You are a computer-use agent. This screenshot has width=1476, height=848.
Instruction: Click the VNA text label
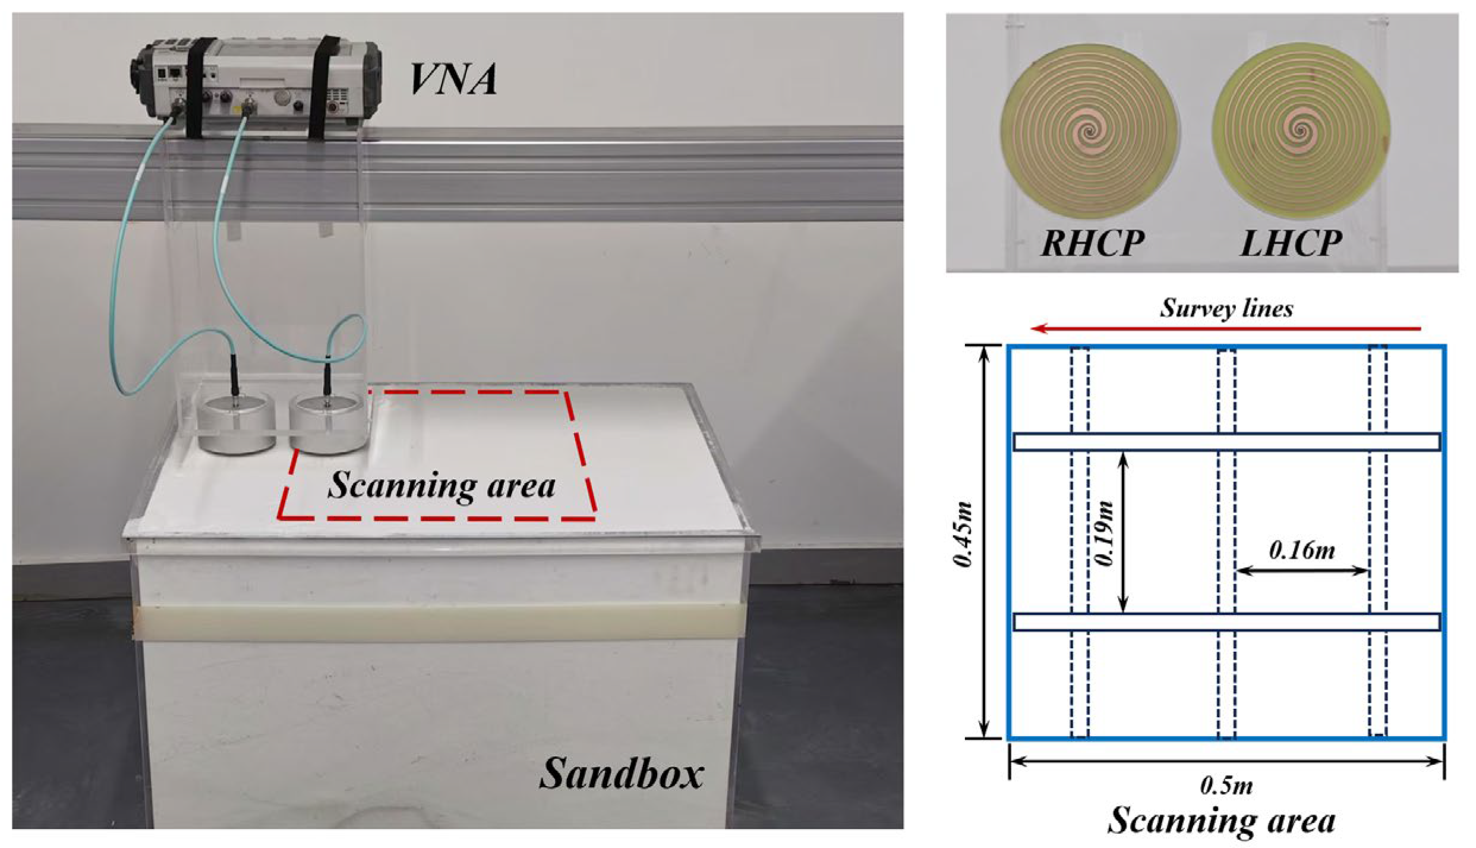point(453,80)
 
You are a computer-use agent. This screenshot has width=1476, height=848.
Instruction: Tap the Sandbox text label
point(621,774)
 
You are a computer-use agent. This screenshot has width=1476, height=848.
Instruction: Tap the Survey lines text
point(1226,308)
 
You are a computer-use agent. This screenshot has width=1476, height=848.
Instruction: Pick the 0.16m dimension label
point(1301,551)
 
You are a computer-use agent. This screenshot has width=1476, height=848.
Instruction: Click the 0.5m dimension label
point(1226,786)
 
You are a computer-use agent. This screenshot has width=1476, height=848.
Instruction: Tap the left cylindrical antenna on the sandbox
point(237,427)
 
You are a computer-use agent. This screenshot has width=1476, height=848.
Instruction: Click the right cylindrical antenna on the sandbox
point(327,426)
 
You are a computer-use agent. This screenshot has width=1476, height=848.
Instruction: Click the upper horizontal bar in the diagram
point(1226,442)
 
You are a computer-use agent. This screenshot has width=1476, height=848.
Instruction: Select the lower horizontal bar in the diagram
point(1226,622)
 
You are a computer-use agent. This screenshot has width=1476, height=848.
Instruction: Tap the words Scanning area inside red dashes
point(441,485)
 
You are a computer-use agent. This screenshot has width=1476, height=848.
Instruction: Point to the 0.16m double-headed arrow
point(1301,571)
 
